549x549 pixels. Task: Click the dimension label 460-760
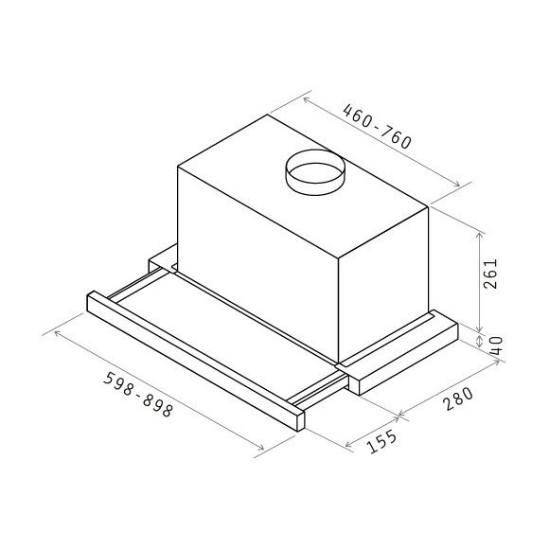[x=377, y=128]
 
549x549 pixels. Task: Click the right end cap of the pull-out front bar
[x=302, y=417]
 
